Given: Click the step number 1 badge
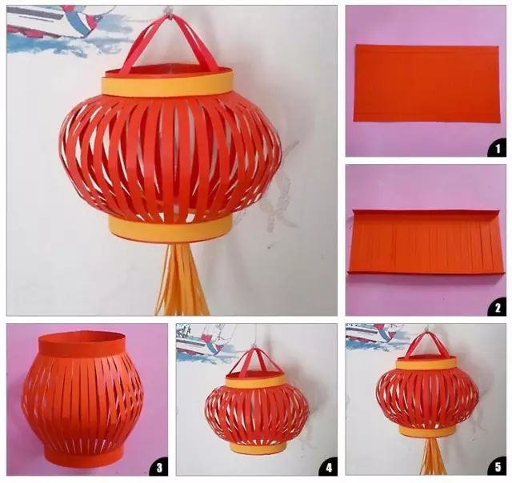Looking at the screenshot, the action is point(498,149).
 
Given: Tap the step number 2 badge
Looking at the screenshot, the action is point(498,307).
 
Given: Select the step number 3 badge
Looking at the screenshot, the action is point(159,468).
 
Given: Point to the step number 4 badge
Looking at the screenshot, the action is point(329,468).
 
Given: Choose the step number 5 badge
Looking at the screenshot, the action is point(498,468).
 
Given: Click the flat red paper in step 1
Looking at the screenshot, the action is point(427,83).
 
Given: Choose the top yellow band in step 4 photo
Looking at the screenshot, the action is point(258,381).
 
